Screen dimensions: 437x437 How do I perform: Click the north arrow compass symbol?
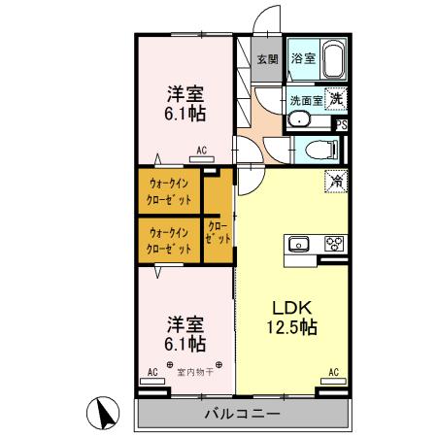click(x=102, y=415)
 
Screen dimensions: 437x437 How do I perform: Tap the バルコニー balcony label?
click(x=242, y=414)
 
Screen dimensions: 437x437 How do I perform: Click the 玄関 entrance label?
click(x=266, y=58)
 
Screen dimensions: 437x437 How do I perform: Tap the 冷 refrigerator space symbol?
click(x=335, y=181)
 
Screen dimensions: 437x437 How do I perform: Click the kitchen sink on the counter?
click(x=299, y=243)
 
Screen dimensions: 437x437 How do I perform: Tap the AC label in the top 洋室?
click(x=202, y=151)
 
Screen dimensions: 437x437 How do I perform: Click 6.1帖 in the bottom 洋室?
click(x=184, y=343)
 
